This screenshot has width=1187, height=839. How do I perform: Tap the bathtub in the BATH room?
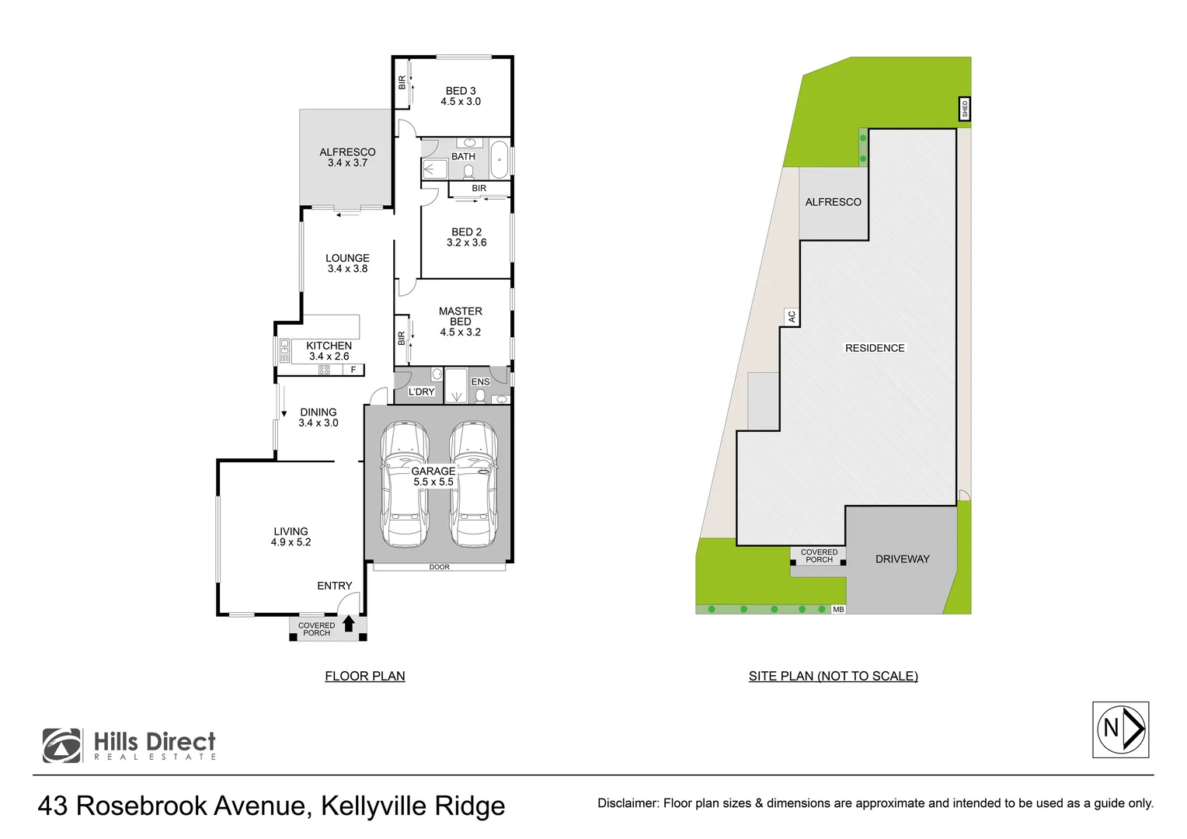pos(499,159)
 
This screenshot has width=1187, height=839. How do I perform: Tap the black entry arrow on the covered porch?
pos(349,623)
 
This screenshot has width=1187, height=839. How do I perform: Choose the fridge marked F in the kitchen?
pos(353,370)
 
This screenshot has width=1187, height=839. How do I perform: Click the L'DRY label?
pos(422,392)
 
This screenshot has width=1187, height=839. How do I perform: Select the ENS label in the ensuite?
pos(480,381)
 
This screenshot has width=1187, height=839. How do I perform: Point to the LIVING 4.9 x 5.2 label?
pos(291,537)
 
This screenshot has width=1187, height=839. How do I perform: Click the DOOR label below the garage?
pos(440,567)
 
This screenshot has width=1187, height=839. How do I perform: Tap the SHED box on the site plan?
pos(965,109)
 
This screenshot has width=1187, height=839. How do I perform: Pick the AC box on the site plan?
pos(792,316)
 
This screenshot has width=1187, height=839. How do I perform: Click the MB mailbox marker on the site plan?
pos(838,610)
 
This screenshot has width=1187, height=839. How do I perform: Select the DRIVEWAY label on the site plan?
pos(902,559)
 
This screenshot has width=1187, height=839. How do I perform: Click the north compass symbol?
pos(1120,729)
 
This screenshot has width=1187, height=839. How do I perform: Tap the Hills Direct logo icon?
pos(61,746)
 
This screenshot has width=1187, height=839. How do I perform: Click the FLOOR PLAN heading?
pos(365,676)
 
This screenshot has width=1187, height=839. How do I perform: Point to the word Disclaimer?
pos(627,803)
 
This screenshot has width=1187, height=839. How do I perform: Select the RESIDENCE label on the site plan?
pos(875,348)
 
